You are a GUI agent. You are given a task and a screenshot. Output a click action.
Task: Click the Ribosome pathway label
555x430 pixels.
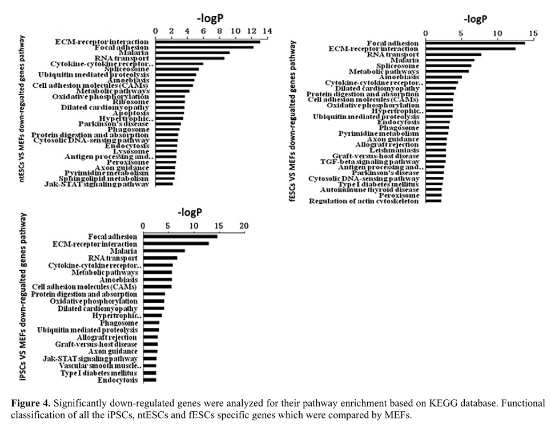tap(132, 102)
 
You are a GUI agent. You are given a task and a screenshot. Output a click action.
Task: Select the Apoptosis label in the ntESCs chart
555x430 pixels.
tap(133, 113)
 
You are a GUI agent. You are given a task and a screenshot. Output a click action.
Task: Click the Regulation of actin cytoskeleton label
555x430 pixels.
tap(364, 201)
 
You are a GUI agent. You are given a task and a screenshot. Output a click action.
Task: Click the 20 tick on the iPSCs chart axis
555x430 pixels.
tap(244, 226)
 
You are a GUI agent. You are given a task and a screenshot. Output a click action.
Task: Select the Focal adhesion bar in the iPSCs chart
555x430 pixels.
tap(180, 236)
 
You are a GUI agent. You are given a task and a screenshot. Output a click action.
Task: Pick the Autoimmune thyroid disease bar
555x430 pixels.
tap(433, 190)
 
